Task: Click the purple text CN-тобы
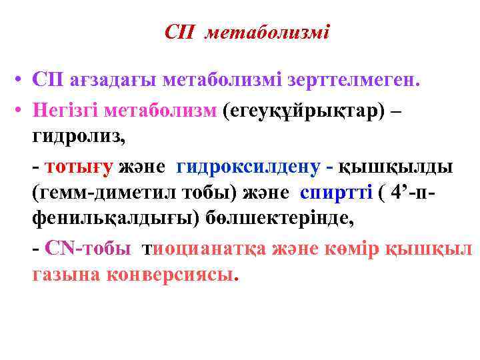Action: pos(87,248)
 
